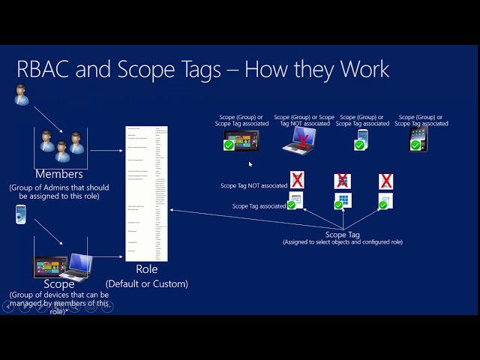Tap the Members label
coord(58,174)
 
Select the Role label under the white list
coord(146,269)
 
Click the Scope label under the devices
coord(59,283)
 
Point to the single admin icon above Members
coord(22,95)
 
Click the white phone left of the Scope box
coord(21,214)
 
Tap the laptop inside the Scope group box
coord(78,265)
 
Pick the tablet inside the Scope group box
coord(51,266)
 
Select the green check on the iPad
coord(415,145)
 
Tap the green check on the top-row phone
coord(360,145)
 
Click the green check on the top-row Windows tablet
coord(229,145)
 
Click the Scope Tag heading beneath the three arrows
coord(343,235)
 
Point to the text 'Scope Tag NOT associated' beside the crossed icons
coord(253,185)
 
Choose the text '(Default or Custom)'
coord(147,283)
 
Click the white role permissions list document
coord(146,193)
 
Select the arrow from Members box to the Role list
coord(106,151)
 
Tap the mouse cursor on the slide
coord(250,164)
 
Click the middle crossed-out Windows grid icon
coord(342,181)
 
